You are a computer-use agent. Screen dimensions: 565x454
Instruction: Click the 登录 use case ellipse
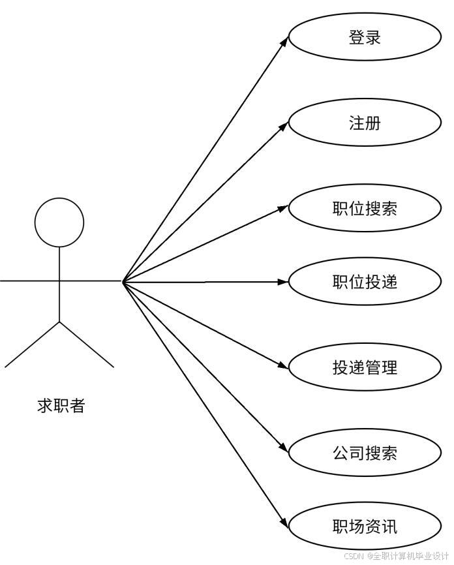[x=365, y=37]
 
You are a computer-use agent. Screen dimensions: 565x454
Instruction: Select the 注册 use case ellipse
[x=365, y=123]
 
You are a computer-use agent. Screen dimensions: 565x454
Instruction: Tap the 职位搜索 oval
[x=365, y=209]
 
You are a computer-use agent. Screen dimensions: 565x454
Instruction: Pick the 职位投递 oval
[x=365, y=282]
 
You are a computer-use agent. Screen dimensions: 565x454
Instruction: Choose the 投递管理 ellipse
[x=365, y=367]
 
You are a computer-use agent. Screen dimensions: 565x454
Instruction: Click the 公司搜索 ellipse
[x=365, y=453]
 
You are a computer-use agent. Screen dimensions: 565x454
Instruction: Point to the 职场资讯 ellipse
[x=365, y=527]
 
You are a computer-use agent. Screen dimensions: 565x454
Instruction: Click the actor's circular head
[x=59, y=222]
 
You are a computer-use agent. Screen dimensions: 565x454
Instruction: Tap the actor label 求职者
[x=61, y=406]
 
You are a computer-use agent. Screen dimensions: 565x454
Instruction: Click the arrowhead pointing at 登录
[x=284, y=41]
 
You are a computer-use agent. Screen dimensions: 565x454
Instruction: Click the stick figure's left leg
[x=33, y=344]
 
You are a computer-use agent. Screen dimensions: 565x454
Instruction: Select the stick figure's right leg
[x=86, y=344]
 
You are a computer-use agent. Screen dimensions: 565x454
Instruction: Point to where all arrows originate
[x=123, y=281]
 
